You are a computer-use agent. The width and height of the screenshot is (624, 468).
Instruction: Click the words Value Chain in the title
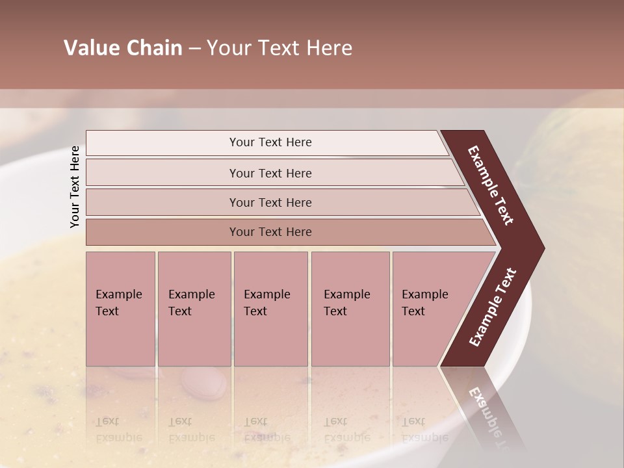click(x=123, y=48)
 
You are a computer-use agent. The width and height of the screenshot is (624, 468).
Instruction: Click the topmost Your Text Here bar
click(x=270, y=142)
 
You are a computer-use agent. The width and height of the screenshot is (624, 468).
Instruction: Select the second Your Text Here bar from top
click(x=270, y=173)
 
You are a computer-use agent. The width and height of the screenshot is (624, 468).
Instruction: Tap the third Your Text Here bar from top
click(x=270, y=202)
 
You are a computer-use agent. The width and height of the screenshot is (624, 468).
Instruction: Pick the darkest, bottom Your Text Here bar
click(x=270, y=232)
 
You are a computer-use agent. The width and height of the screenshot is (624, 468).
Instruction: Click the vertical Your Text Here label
click(x=75, y=187)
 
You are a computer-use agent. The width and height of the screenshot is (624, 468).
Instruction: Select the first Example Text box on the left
click(x=120, y=308)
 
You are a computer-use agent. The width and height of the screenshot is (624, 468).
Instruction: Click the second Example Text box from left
click(x=194, y=308)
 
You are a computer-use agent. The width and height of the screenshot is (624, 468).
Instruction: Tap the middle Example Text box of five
click(x=270, y=308)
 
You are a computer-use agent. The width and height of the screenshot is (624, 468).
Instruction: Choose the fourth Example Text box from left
click(x=350, y=308)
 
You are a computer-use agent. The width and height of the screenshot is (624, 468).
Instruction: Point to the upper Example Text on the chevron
click(x=491, y=185)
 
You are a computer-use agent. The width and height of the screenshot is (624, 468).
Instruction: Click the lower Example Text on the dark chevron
click(x=493, y=307)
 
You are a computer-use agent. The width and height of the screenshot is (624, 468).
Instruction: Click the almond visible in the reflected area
click(x=203, y=383)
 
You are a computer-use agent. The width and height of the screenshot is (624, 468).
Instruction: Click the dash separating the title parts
click(x=194, y=49)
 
